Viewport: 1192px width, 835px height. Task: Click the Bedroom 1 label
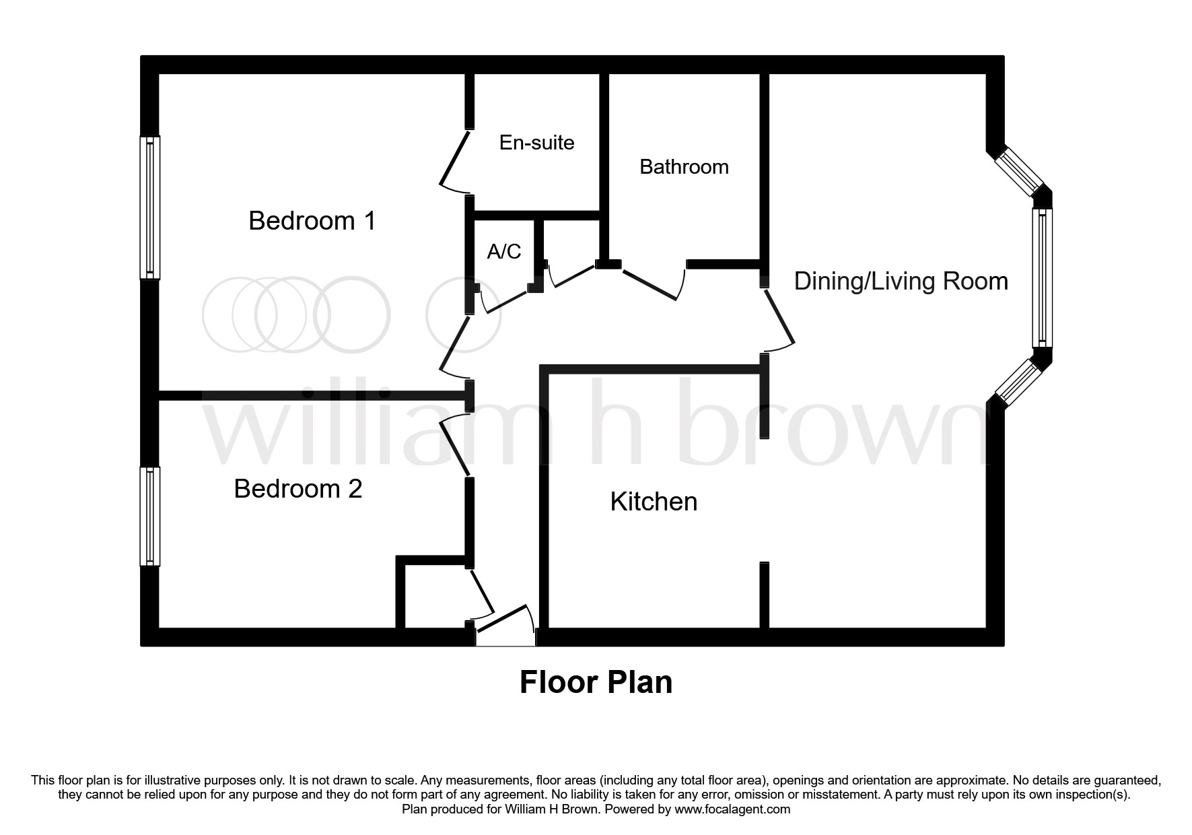click(x=312, y=221)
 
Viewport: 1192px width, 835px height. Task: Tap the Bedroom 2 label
click(x=298, y=489)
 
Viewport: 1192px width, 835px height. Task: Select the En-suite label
click(x=536, y=143)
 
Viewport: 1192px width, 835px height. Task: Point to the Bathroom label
click(x=684, y=167)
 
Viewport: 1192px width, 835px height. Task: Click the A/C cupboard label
click(x=504, y=251)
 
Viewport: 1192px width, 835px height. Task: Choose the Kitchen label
click(x=654, y=502)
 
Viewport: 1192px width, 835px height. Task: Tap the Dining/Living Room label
click(x=901, y=281)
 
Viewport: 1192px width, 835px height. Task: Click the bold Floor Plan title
click(x=596, y=682)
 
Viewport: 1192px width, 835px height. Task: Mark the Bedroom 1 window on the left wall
click(x=150, y=207)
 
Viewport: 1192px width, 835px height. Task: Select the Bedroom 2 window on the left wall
click(x=150, y=516)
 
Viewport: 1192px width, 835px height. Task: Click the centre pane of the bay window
click(x=1043, y=278)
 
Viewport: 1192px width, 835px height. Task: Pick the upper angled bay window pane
click(x=1019, y=171)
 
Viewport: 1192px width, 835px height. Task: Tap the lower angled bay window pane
click(x=1019, y=382)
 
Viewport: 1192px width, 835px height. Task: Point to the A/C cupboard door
click(x=505, y=301)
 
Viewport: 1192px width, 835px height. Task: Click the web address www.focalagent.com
click(x=732, y=809)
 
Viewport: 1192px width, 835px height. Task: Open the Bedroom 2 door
click(x=456, y=445)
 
